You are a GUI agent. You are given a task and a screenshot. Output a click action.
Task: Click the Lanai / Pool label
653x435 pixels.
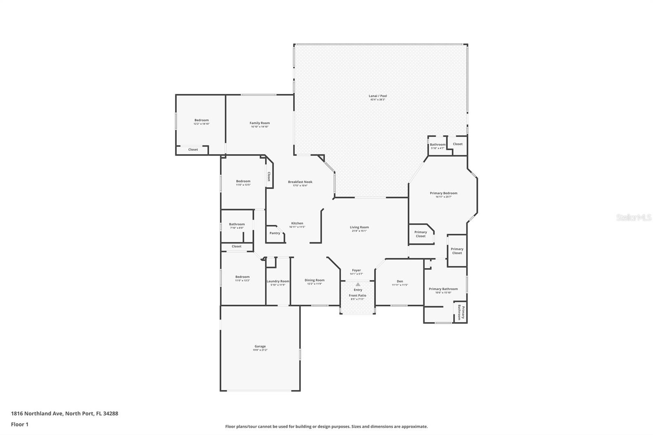(x=378, y=96)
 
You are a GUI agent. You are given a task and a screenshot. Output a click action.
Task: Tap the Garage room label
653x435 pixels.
(x=260, y=346)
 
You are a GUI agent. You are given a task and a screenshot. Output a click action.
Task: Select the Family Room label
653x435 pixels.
(x=260, y=123)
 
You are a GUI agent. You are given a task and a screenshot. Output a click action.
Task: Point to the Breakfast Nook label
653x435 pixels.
(x=300, y=182)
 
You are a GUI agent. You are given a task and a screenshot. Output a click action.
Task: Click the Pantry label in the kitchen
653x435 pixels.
(x=275, y=233)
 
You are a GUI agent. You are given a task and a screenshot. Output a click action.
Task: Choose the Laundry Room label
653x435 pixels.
(x=278, y=281)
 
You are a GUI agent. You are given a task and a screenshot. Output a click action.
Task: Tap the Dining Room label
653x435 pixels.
(x=314, y=280)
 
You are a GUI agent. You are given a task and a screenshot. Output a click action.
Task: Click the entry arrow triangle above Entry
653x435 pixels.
(x=358, y=284)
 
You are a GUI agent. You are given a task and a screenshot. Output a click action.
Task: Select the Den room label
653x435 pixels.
(x=400, y=281)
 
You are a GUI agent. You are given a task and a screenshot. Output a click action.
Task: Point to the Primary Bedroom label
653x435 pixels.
(x=443, y=193)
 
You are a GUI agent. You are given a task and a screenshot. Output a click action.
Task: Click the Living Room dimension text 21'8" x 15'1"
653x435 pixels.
(x=359, y=231)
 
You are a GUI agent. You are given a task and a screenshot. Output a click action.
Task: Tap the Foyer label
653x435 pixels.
(x=356, y=270)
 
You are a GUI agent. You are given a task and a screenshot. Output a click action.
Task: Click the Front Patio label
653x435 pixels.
(x=357, y=295)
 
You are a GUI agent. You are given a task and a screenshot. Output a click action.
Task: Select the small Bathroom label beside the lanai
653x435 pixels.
(x=438, y=144)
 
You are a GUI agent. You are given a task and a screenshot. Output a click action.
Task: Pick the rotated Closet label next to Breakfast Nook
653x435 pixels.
(x=269, y=176)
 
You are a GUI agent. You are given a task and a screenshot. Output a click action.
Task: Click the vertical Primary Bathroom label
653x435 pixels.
(x=461, y=312)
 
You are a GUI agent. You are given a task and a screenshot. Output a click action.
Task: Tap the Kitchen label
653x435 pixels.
(x=297, y=223)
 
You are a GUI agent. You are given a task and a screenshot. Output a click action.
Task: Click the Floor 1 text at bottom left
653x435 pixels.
(x=20, y=424)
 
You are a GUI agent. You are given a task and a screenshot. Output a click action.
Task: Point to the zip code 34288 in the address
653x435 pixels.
(x=111, y=413)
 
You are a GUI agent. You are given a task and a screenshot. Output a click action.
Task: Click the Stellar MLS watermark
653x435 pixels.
(x=633, y=217)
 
